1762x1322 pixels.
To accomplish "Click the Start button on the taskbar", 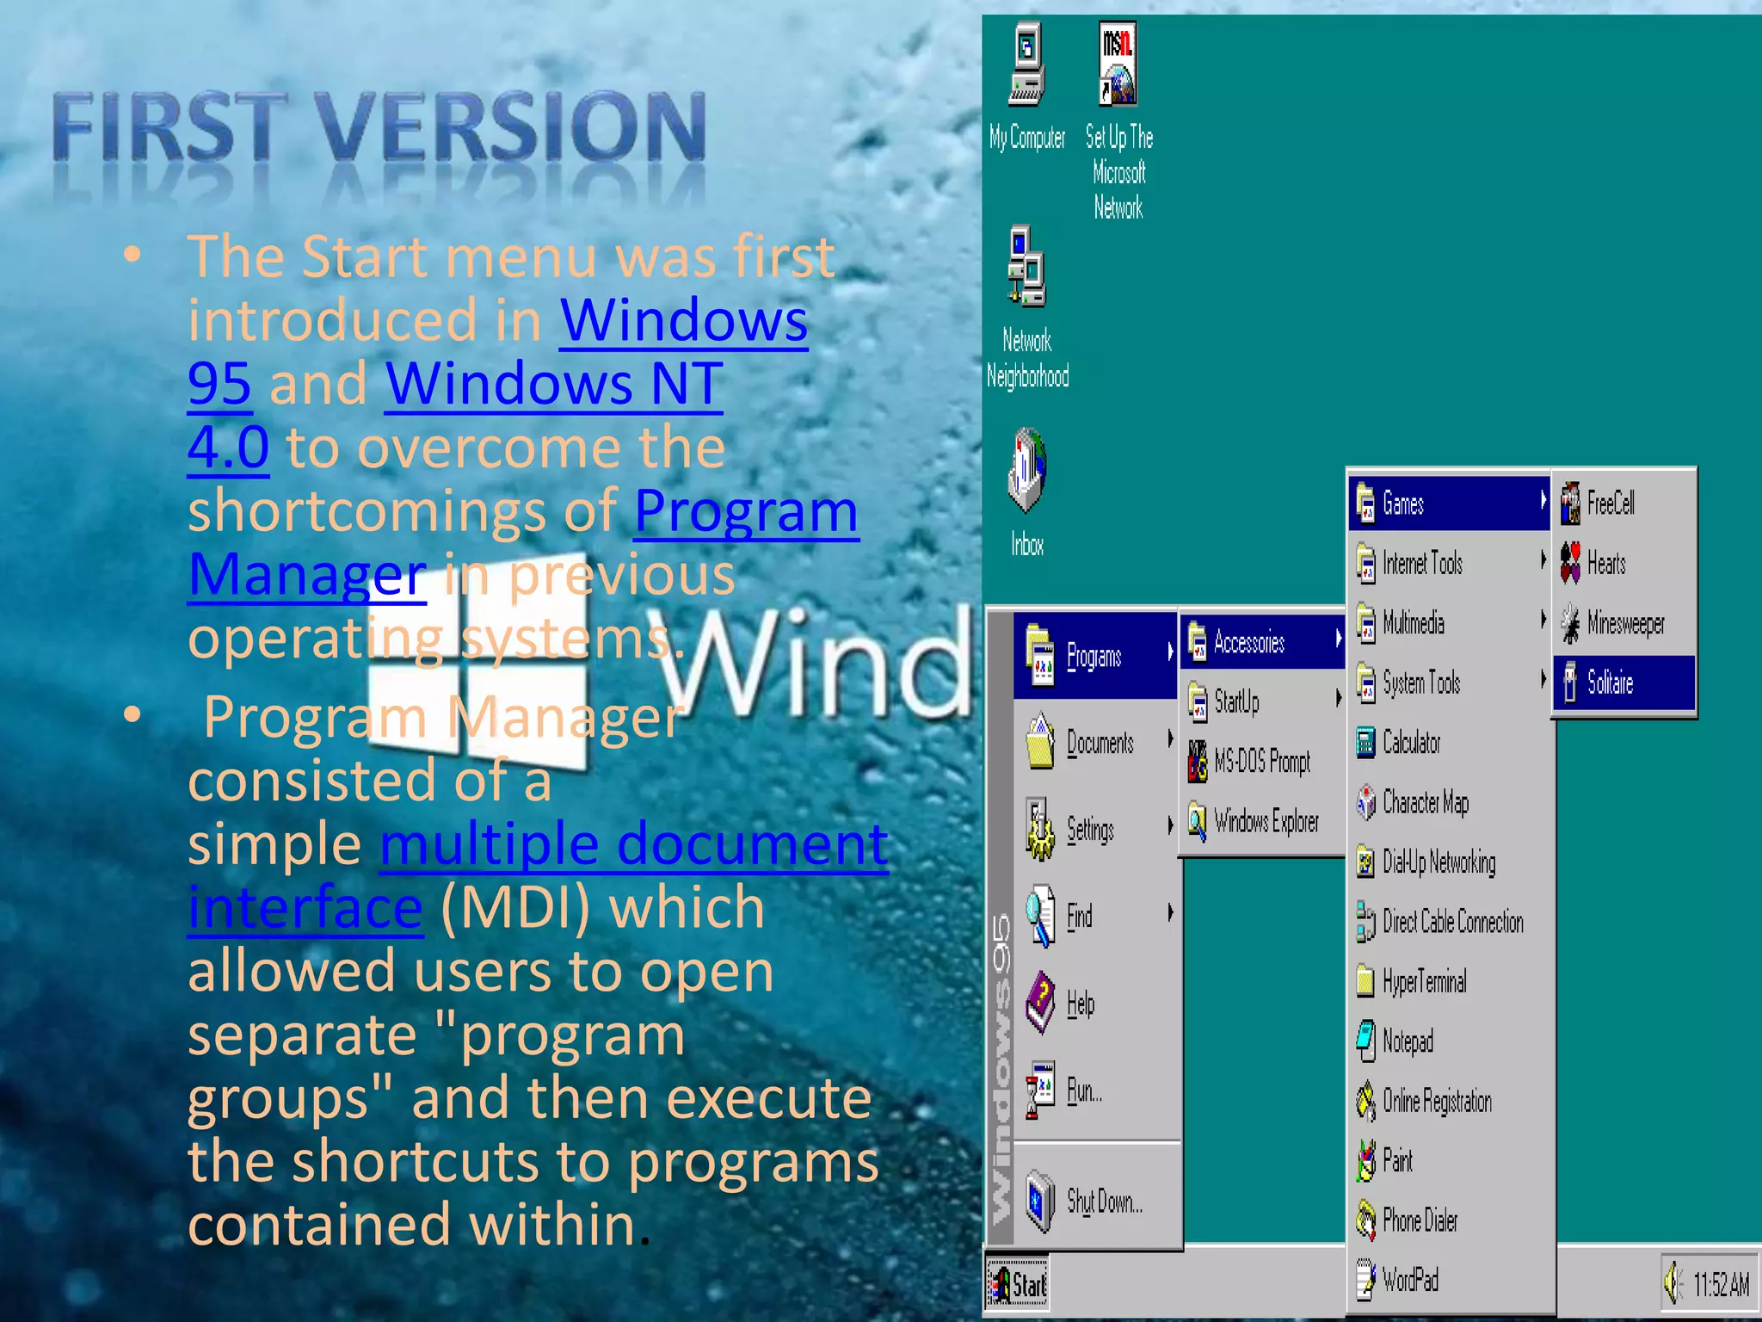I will pyautogui.click(x=1018, y=1285).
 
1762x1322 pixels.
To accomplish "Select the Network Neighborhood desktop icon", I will pyautogui.click(x=1026, y=268).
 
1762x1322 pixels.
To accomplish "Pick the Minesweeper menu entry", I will pyautogui.click(x=1623, y=623).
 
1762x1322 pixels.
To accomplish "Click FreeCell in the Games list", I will pyautogui.click(x=1609, y=503).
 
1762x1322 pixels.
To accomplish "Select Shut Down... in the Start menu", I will pyautogui.click(x=1102, y=1201).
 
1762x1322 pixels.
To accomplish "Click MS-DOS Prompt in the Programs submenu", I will pyautogui.click(x=1260, y=762).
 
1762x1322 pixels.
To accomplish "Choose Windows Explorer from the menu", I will pyautogui.click(x=1265, y=822).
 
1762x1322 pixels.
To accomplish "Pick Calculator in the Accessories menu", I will pyautogui.click(x=1410, y=743).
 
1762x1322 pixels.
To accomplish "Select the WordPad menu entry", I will pyautogui.click(x=1409, y=1280).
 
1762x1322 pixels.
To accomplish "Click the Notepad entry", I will pyautogui.click(x=1407, y=1041).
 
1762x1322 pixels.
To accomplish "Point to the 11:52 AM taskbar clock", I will pyautogui.click(x=1721, y=1285).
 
